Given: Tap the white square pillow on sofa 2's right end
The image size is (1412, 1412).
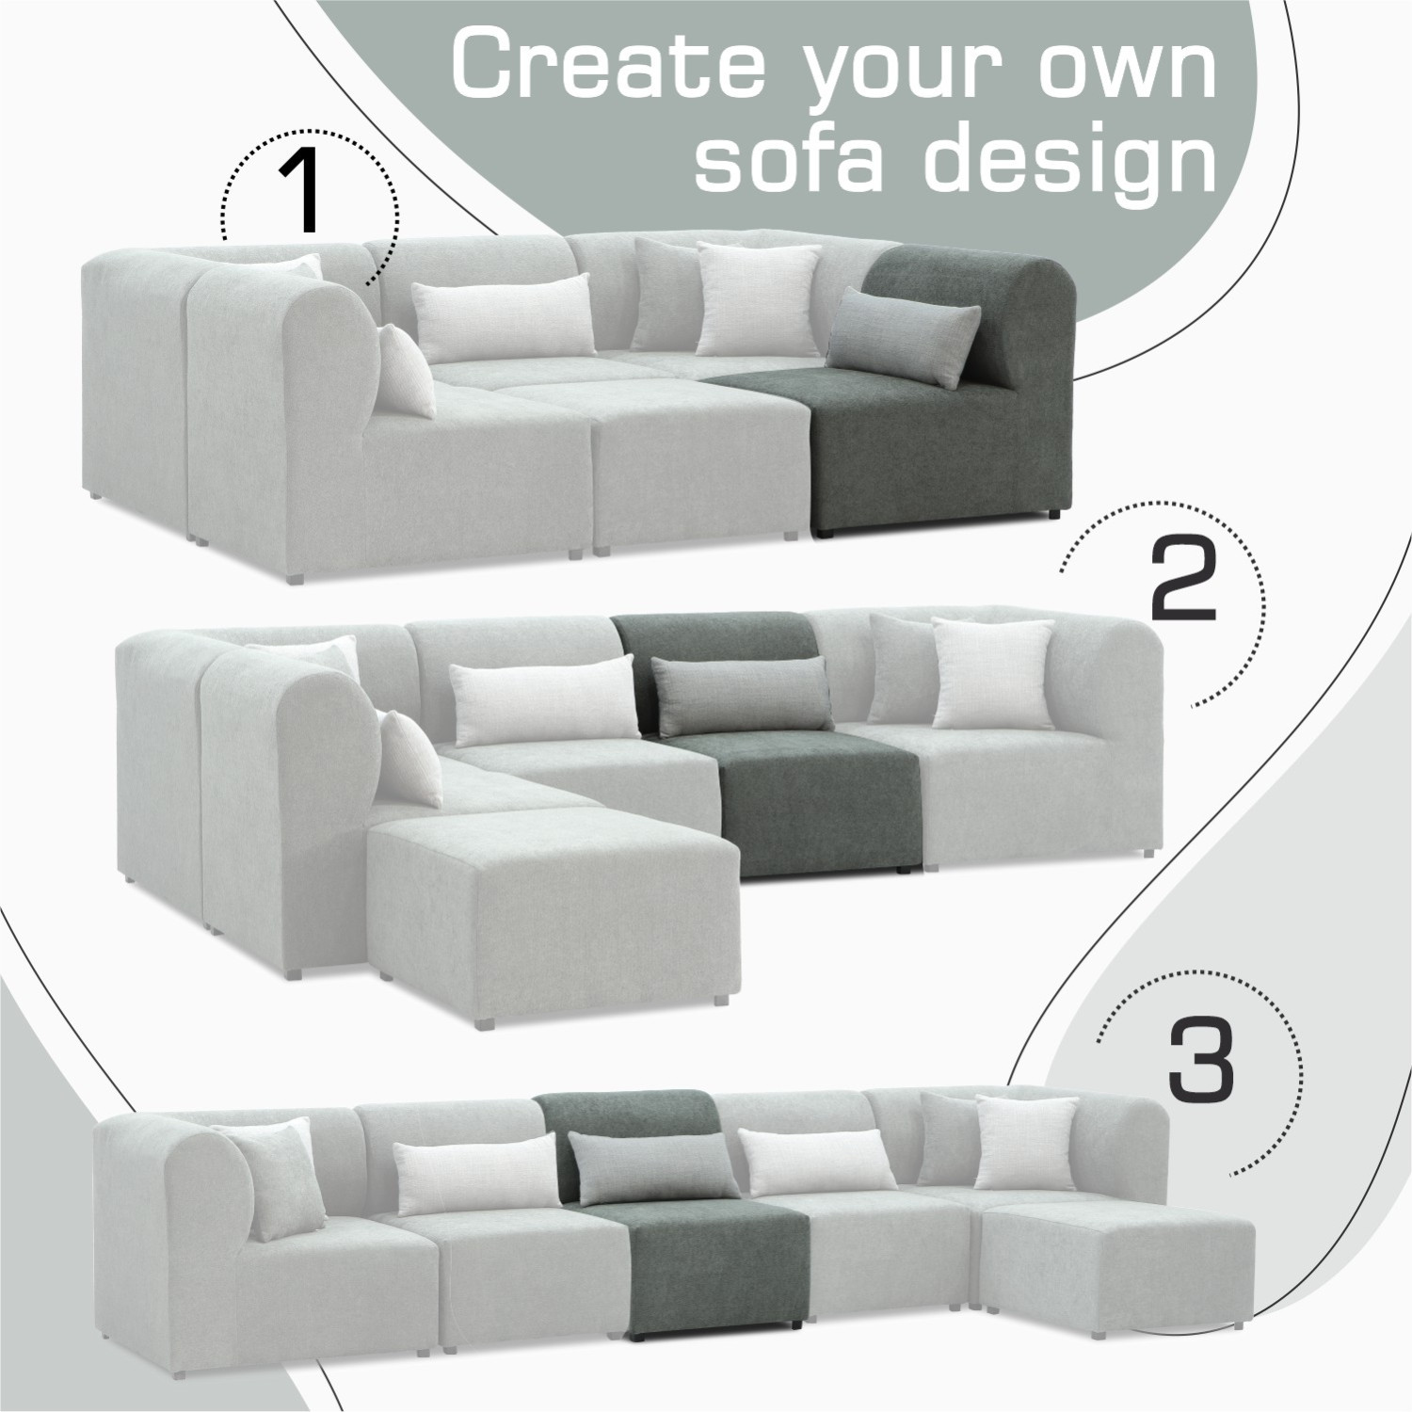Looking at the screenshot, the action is point(993,672).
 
